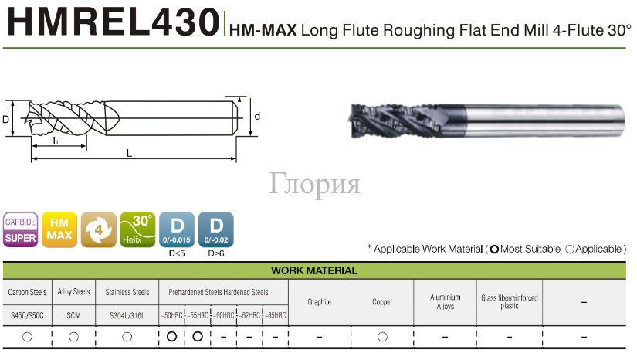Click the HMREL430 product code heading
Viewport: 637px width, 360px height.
(114, 22)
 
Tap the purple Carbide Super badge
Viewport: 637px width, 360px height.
(20, 229)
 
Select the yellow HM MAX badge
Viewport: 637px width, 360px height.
(59, 229)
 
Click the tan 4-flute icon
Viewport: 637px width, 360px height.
(99, 229)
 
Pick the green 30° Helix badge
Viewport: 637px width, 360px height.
(137, 229)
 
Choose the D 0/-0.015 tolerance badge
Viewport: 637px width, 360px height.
(177, 229)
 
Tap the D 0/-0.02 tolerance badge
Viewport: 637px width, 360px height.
(216, 229)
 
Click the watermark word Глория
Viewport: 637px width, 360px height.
(314, 184)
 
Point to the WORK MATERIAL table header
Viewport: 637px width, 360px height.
(314, 270)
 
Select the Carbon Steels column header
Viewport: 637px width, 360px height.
(27, 292)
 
